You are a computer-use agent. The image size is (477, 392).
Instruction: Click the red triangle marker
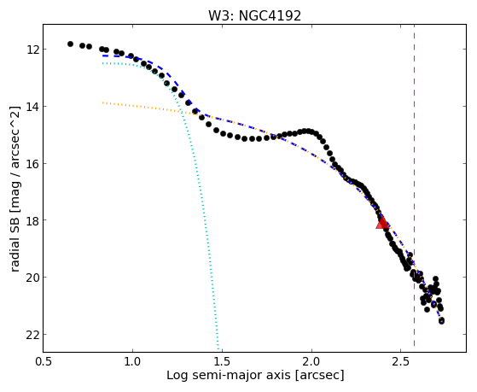(382, 223)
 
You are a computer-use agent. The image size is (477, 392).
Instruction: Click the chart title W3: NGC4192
(254, 16)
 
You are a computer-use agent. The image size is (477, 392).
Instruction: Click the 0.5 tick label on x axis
(44, 361)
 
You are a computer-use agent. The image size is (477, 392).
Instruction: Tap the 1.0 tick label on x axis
(132, 361)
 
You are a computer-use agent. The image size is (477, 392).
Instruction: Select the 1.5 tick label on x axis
(223, 361)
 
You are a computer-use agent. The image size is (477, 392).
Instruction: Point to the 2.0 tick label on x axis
(311, 361)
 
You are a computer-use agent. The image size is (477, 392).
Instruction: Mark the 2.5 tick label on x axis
(401, 361)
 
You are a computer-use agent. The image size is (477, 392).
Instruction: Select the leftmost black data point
(70, 44)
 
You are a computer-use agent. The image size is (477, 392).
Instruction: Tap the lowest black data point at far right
(441, 320)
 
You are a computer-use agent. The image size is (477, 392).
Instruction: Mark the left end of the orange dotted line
(102, 103)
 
